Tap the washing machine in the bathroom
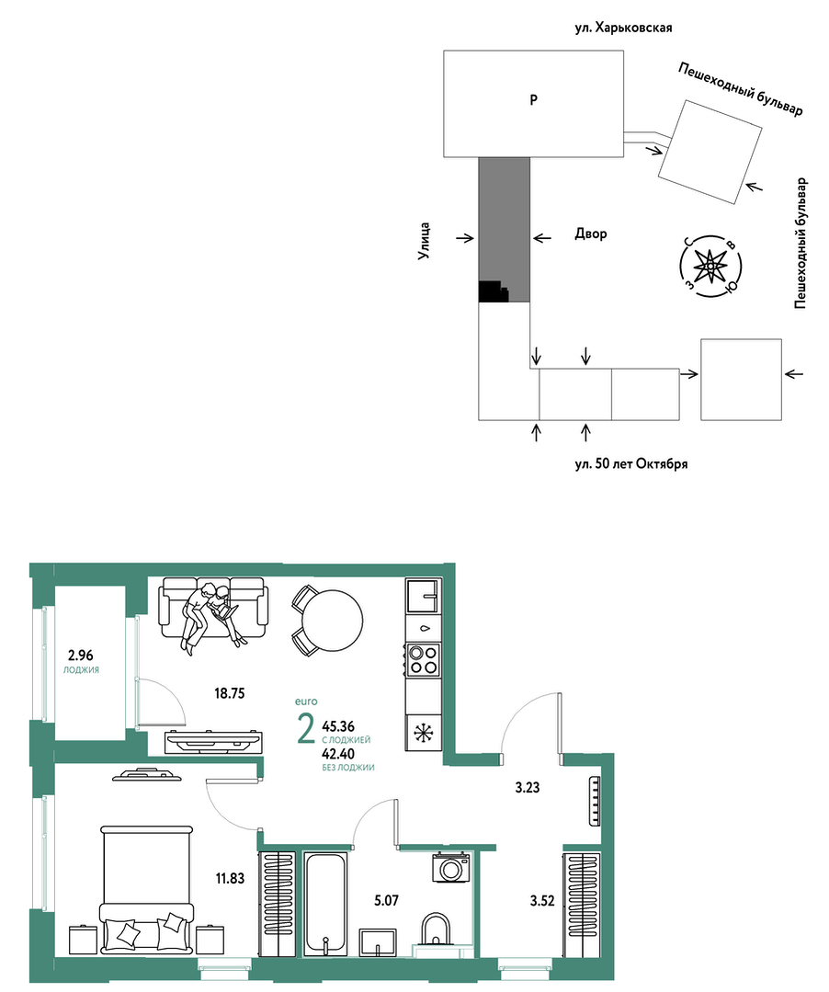click(451, 867)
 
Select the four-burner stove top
click(423, 659)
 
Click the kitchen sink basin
click(423, 596)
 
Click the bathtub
click(325, 904)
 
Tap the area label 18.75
click(230, 693)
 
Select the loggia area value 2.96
click(81, 656)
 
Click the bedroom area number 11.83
click(230, 878)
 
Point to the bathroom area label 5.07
click(386, 900)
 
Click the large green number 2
click(305, 728)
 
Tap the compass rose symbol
click(710, 267)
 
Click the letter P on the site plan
click(534, 100)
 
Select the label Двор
click(591, 234)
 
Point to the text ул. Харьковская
click(623, 28)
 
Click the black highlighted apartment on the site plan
click(494, 291)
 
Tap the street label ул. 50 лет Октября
click(631, 463)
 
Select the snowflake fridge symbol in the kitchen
click(423, 734)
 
